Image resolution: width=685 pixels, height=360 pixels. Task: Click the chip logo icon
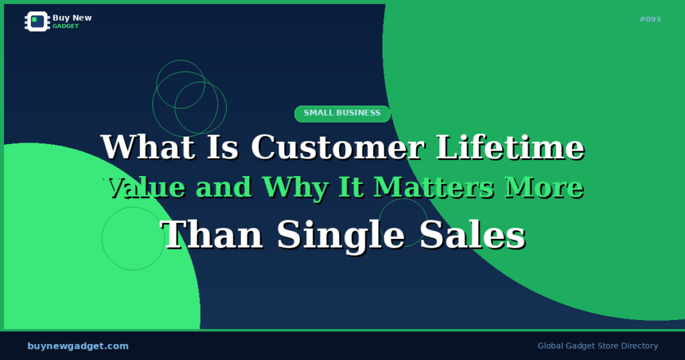click(37, 21)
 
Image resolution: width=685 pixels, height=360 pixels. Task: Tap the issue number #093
click(650, 19)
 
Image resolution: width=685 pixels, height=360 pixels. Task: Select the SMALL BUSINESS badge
click(342, 113)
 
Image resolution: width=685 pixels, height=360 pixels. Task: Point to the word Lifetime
click(510, 147)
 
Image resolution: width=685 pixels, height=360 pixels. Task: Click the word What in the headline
click(148, 147)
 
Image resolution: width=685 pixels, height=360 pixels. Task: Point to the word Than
click(213, 235)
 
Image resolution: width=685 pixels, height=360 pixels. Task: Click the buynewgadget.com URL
click(78, 346)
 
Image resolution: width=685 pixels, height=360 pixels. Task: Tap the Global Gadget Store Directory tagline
click(597, 346)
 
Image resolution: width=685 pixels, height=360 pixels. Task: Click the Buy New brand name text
click(72, 18)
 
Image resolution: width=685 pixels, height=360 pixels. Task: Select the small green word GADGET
click(66, 26)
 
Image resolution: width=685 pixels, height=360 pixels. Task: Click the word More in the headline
click(544, 188)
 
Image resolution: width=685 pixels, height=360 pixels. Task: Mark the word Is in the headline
click(215, 147)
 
